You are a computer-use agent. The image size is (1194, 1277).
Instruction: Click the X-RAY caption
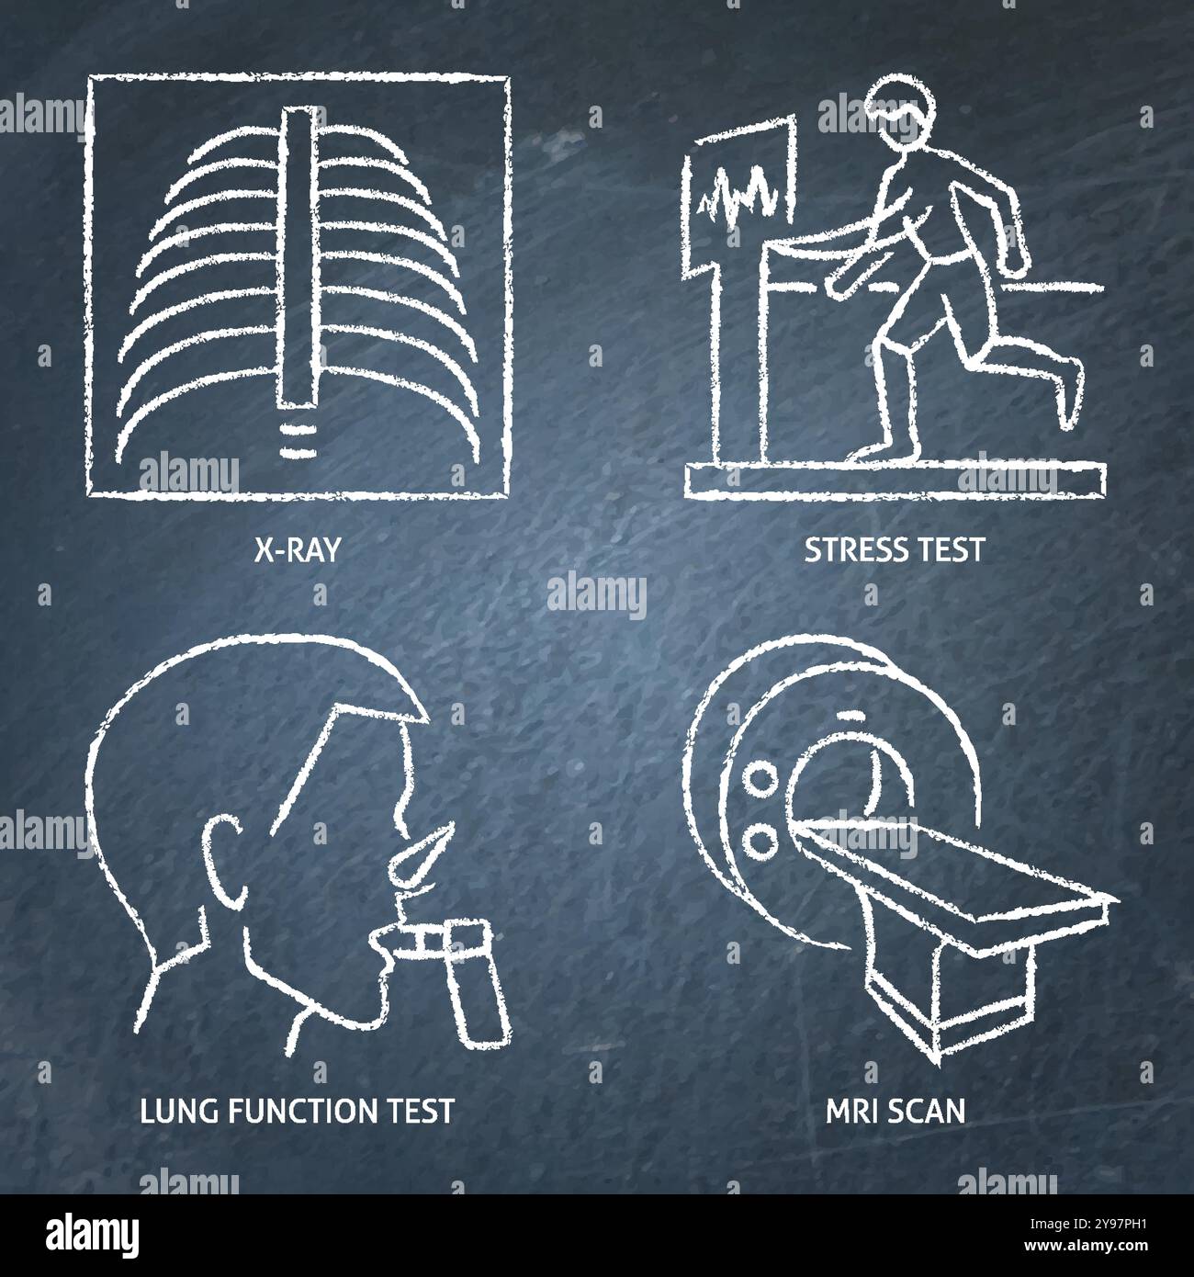(x=297, y=549)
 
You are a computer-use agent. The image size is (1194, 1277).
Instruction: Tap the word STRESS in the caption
(x=847, y=549)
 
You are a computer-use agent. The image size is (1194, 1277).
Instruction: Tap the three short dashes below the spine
(x=296, y=439)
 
